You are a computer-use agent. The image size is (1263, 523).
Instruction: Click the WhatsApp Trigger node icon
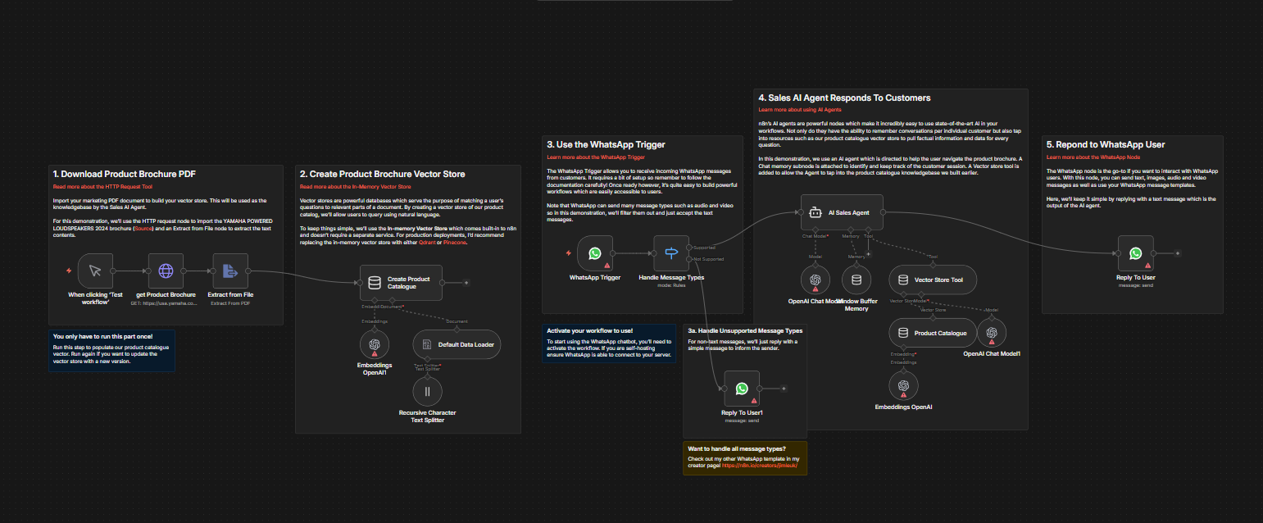click(x=594, y=253)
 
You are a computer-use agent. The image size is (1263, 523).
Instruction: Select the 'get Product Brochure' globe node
click(x=166, y=271)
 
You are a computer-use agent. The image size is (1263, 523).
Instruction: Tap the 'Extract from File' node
click(x=229, y=271)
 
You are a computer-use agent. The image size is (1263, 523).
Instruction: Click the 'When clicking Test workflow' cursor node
click(x=95, y=271)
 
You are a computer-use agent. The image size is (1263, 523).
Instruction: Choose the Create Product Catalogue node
click(x=401, y=282)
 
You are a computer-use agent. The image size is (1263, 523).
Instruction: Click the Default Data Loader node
click(x=456, y=344)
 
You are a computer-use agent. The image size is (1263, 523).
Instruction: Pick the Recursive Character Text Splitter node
click(x=427, y=392)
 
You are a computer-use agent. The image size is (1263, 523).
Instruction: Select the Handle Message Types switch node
click(x=670, y=253)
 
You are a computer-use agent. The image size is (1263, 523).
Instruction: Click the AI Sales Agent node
click(x=841, y=211)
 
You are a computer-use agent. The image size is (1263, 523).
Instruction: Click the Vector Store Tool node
click(x=933, y=280)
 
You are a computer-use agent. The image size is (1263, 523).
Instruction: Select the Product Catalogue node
click(x=933, y=333)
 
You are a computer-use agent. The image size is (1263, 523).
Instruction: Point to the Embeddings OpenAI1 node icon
click(x=375, y=345)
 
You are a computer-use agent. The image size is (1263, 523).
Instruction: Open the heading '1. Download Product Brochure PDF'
click(x=124, y=174)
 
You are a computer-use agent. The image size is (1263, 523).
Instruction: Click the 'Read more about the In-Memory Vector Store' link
click(x=355, y=187)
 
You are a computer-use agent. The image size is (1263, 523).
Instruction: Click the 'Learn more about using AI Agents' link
click(x=799, y=109)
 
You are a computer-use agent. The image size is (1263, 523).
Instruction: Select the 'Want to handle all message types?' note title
click(x=737, y=448)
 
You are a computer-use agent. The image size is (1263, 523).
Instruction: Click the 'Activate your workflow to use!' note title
click(x=589, y=330)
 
